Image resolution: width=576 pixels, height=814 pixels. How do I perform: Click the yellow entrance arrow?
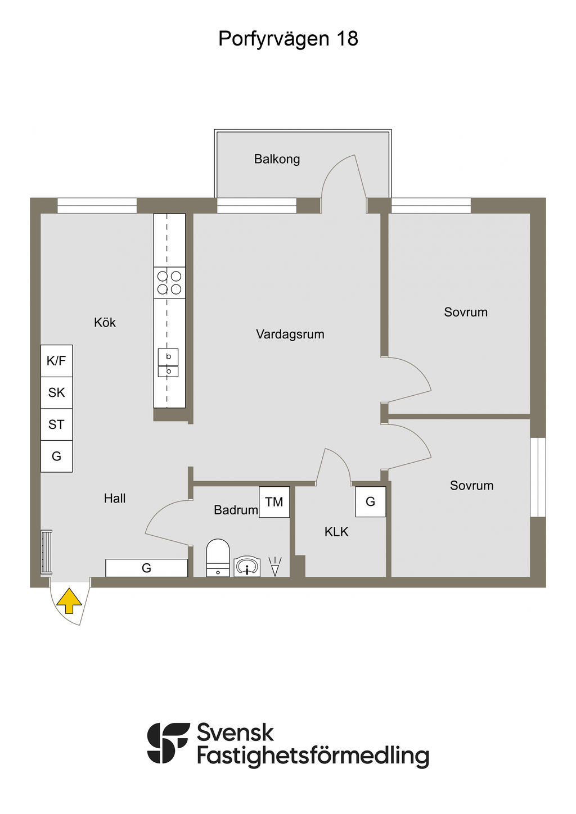[x=69, y=602]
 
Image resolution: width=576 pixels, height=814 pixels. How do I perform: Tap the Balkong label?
[x=277, y=159]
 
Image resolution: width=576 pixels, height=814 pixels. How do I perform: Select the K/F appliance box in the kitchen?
[x=56, y=360]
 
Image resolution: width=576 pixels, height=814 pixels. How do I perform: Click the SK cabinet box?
[x=56, y=392]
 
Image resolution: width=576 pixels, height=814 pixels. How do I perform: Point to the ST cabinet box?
[x=56, y=424]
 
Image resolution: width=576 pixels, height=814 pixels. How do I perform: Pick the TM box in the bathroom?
[x=274, y=502]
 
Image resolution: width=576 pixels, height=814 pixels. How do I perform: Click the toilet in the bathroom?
[x=218, y=558]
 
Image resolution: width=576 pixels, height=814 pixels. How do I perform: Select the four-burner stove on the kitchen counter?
[x=169, y=283]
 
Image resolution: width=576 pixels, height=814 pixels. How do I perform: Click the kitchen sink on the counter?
[x=168, y=363]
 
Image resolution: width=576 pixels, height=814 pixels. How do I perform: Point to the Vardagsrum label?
[x=290, y=334]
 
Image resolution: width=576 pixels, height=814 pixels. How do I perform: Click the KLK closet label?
[x=336, y=532]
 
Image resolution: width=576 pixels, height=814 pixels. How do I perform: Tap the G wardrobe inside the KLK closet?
[x=370, y=501]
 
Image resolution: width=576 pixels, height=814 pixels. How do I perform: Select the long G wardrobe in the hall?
[x=147, y=568]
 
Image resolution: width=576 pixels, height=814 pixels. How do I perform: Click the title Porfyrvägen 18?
[x=288, y=39]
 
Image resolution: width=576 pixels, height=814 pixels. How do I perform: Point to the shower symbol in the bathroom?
[x=275, y=566]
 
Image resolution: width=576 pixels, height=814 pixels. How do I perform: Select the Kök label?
[x=105, y=322]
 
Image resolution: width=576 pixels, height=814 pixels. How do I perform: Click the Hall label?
[x=115, y=498]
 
